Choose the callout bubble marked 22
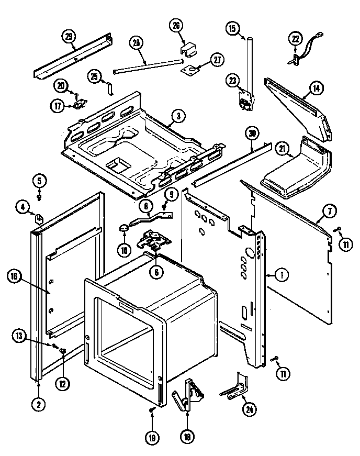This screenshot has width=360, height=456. [297, 38]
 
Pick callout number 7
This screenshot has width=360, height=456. [329, 212]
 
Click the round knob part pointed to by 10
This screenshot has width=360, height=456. [123, 228]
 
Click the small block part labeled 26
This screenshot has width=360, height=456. [187, 49]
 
